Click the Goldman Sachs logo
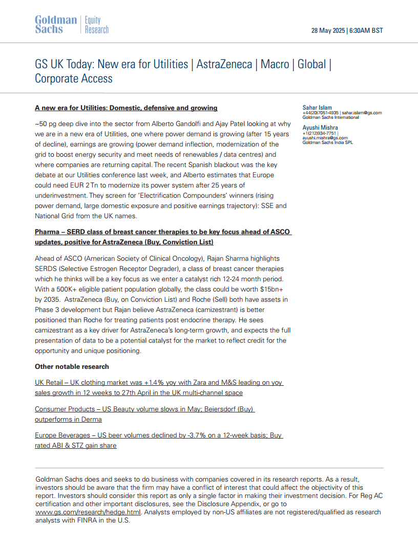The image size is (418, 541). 56,25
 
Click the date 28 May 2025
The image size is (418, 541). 328,30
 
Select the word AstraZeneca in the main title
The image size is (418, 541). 224,64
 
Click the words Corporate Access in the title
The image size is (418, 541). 73,78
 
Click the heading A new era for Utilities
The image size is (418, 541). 126,108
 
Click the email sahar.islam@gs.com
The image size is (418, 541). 362,113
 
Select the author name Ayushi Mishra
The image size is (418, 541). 320,128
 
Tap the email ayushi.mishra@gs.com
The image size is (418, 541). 325,138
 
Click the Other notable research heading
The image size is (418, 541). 72,367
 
